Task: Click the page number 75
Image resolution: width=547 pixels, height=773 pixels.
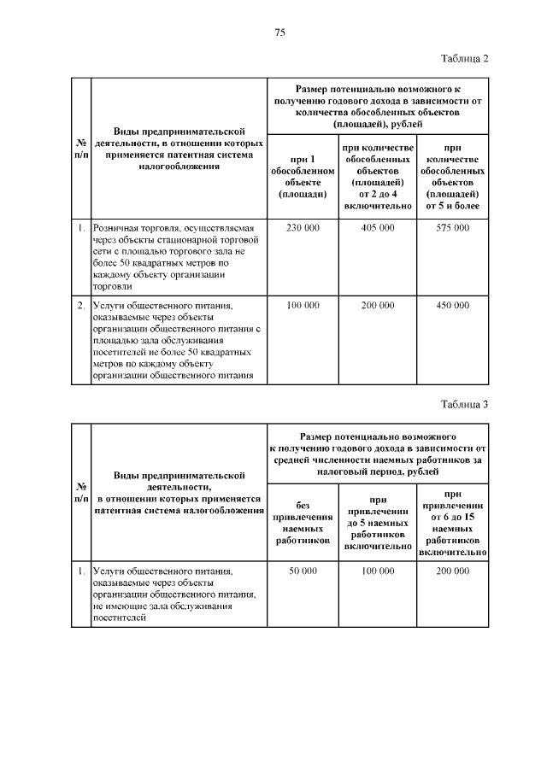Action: click(x=279, y=32)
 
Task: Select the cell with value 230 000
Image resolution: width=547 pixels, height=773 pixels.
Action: click(x=303, y=228)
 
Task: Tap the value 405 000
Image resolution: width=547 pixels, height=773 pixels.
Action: click(x=377, y=228)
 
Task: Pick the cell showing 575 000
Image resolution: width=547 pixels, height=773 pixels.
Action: click(x=451, y=228)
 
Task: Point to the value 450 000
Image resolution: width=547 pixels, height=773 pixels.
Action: click(x=451, y=305)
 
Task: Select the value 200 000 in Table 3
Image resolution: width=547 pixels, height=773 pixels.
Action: click(x=451, y=570)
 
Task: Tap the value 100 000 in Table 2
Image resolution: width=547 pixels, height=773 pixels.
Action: click(x=303, y=305)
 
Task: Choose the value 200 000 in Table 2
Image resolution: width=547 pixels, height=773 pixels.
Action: click(x=377, y=305)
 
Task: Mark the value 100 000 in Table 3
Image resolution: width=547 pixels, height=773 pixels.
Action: click(x=377, y=570)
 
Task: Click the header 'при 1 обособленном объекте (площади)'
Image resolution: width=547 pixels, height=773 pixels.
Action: click(x=303, y=177)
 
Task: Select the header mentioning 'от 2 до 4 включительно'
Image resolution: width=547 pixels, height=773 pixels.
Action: click(x=377, y=177)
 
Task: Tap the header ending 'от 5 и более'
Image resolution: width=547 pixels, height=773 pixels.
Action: click(x=451, y=177)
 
